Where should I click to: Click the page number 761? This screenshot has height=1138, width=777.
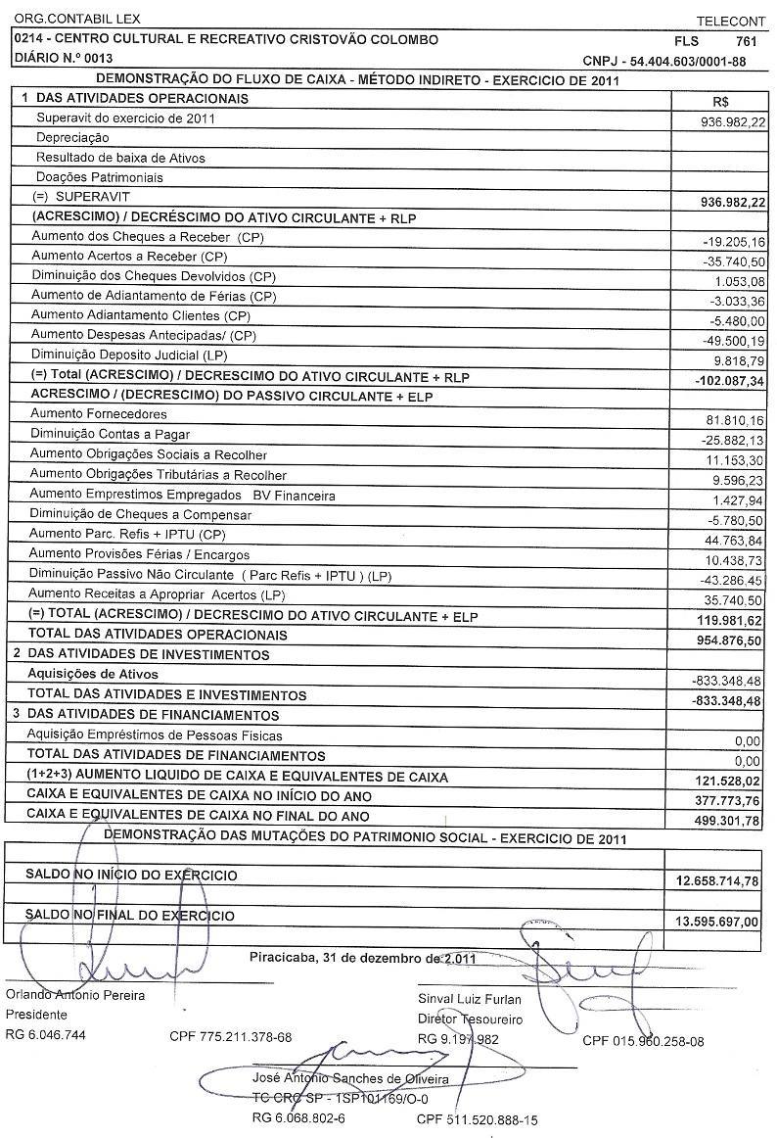pos(746,41)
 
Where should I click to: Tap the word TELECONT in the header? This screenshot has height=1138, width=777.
pos(730,21)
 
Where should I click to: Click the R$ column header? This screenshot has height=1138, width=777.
pos(723,101)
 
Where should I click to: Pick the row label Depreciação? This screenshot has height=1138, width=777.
pos(72,138)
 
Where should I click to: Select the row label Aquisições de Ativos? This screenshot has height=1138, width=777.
pos(93,675)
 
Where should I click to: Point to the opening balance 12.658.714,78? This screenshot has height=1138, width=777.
pos(717,881)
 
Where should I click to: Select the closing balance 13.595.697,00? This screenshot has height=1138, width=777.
pos(717,923)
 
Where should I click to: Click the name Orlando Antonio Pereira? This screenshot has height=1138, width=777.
pos(75,995)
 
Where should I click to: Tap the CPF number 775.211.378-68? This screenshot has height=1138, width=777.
pos(230,1036)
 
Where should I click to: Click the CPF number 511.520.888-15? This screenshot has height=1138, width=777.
pos(477,1119)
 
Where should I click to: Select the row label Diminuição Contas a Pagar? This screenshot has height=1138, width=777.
pos(110,434)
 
